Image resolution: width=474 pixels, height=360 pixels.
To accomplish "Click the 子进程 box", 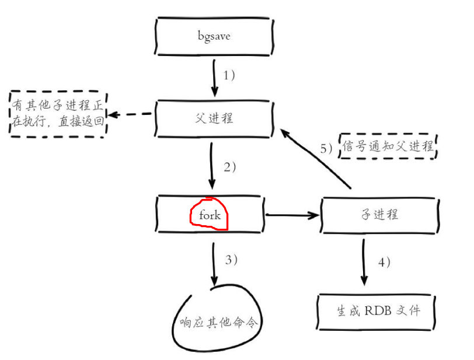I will (378, 214).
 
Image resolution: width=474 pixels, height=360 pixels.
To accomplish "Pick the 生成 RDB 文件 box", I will (377, 310).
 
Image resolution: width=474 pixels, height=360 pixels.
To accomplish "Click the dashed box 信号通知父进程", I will (389, 146).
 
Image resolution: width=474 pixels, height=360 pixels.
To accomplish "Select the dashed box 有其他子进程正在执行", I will (58, 114).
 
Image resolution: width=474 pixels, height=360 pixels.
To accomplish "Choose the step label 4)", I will (384, 262).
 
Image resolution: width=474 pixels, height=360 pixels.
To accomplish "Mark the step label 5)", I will (326, 148).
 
